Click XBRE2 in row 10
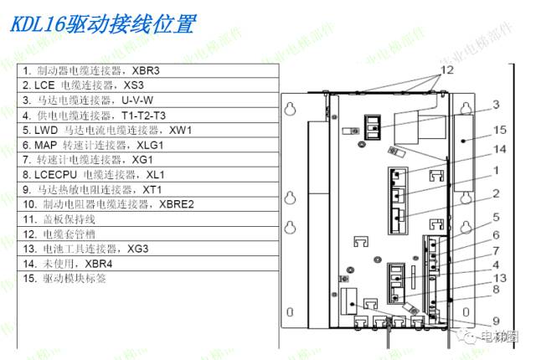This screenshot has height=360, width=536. (x=176, y=204)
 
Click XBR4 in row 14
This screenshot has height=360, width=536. (x=99, y=263)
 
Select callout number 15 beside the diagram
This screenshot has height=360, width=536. (x=500, y=130)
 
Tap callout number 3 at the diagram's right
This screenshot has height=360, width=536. (x=495, y=105)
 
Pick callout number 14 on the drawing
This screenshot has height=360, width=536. (x=500, y=149)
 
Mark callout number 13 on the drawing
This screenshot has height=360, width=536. (x=500, y=277)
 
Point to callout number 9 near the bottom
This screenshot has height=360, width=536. (x=495, y=319)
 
